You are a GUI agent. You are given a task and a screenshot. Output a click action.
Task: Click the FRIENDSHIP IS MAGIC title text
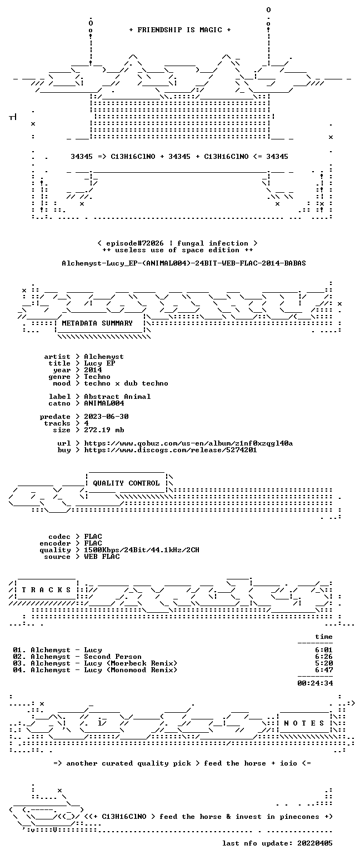tap(180, 30)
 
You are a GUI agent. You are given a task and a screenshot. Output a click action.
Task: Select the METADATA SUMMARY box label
tap(97, 323)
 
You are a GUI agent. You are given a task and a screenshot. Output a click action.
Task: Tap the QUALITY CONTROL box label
tap(126, 483)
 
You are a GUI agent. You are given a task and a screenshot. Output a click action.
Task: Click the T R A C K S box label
tap(47, 589)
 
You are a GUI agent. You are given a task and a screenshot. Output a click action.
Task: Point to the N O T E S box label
tap(304, 723)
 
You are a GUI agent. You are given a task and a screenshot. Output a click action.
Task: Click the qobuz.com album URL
tap(188, 443)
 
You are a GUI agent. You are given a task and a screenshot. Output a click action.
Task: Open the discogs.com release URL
tap(171, 450)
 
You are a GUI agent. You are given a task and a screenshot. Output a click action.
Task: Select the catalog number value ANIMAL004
tap(104, 403)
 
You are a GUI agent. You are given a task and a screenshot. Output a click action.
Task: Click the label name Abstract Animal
tap(117, 397)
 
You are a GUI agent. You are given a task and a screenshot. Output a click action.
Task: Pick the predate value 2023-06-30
tap(106, 417)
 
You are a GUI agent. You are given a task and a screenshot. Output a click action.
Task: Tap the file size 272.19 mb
tap(104, 430)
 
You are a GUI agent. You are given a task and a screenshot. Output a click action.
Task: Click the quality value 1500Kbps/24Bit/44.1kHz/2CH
tap(142, 550)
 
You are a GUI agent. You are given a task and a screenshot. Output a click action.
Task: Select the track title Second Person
tap(113, 657)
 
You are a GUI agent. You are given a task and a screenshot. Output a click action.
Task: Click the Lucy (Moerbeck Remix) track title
tap(131, 663)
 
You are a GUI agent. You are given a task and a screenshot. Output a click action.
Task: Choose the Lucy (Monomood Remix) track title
tap(131, 670)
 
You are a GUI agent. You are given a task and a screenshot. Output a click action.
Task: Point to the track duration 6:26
tap(324, 657)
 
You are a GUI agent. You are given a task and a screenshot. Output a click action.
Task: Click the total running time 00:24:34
tap(315, 683)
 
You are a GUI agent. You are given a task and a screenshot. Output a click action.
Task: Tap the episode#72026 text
tap(134, 243)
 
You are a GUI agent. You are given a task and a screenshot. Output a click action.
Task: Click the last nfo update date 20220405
tap(315, 843)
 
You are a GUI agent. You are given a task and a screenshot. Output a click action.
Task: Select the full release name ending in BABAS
tap(184, 263)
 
